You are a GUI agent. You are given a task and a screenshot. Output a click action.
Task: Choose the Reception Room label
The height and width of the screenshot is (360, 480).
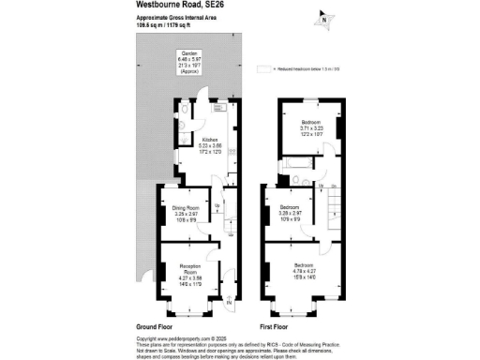tap(191, 271)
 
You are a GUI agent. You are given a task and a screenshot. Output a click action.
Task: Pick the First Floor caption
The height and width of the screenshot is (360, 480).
tap(273, 325)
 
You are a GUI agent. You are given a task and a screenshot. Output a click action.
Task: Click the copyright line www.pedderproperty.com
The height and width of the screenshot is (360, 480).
tap(183, 338)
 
